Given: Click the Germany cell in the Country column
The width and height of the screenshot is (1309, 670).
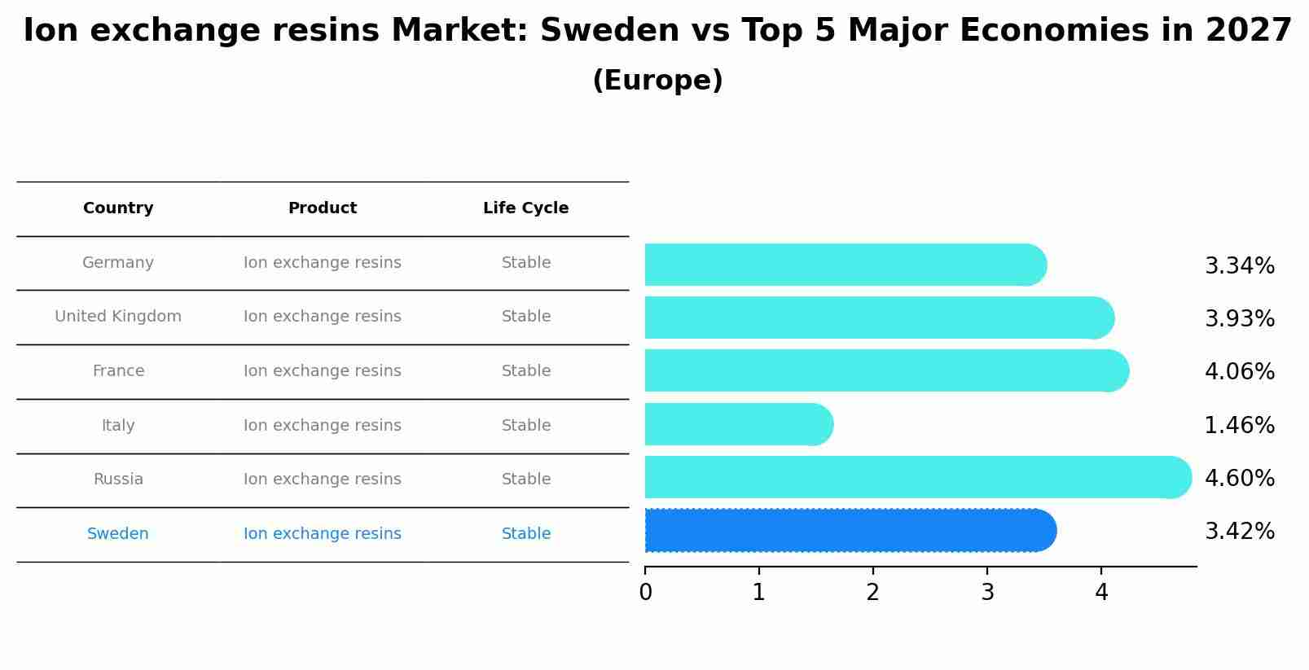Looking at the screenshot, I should click(118, 263).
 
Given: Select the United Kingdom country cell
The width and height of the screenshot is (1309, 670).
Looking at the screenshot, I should click(118, 317).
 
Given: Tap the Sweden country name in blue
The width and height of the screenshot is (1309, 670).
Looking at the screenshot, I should click(118, 534).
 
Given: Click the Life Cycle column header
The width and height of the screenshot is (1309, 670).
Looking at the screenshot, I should click(525, 208).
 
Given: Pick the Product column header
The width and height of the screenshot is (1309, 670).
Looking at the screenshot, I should click(323, 208).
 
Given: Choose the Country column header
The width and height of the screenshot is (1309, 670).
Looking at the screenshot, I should click(118, 208).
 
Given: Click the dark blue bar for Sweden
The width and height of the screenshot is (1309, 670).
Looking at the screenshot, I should click(847, 531).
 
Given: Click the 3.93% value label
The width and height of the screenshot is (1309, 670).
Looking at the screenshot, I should click(1239, 319).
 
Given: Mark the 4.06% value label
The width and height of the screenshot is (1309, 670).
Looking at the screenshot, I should click(1239, 372).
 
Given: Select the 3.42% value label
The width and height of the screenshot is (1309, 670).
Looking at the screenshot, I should click(1239, 532).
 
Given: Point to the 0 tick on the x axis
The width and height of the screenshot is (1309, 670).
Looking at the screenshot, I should click(646, 593).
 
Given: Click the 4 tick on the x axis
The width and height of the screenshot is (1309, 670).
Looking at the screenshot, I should click(1101, 593).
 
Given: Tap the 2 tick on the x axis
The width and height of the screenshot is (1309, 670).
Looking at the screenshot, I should click(873, 593).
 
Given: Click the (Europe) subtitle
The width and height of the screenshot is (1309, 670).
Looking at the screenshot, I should click(657, 81).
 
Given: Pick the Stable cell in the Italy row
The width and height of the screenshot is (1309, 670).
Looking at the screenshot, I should click(525, 426).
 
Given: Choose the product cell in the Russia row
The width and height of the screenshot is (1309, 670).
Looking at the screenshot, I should click(323, 480).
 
